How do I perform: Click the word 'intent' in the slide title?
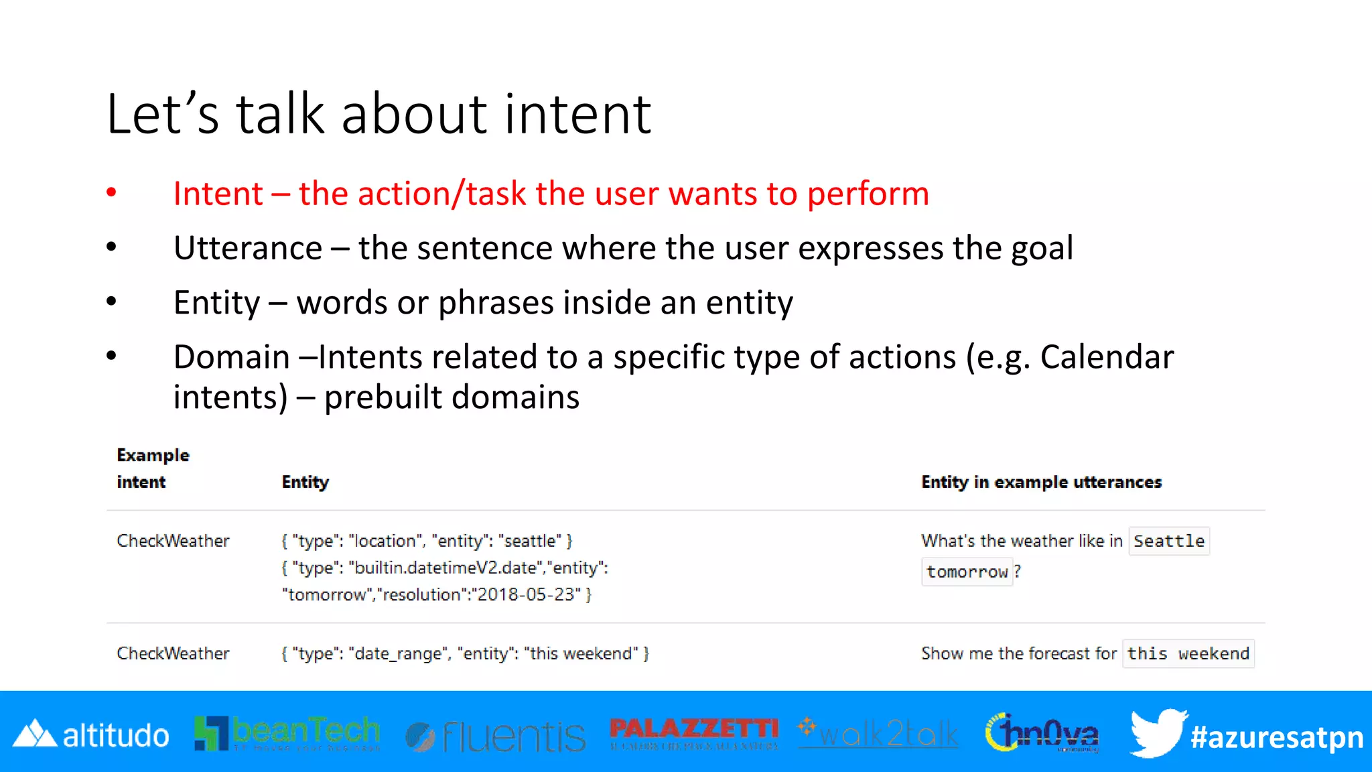point(577,115)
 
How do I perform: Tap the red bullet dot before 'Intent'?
point(111,193)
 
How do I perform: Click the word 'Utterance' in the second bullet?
point(248,248)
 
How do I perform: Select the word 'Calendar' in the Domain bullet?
point(1107,357)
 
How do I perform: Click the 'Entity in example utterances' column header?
point(1041,482)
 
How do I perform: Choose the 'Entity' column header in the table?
point(305,482)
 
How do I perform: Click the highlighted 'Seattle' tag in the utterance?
point(1168,541)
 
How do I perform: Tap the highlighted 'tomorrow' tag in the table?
point(967,572)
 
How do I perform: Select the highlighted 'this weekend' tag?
point(1188,653)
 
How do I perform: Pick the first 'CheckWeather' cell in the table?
point(173,541)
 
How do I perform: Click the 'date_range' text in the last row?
point(398,653)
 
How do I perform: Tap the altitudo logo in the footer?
point(91,735)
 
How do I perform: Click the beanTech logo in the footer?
point(287,733)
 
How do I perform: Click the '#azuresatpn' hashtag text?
point(1276,737)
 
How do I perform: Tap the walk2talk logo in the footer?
point(878,734)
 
